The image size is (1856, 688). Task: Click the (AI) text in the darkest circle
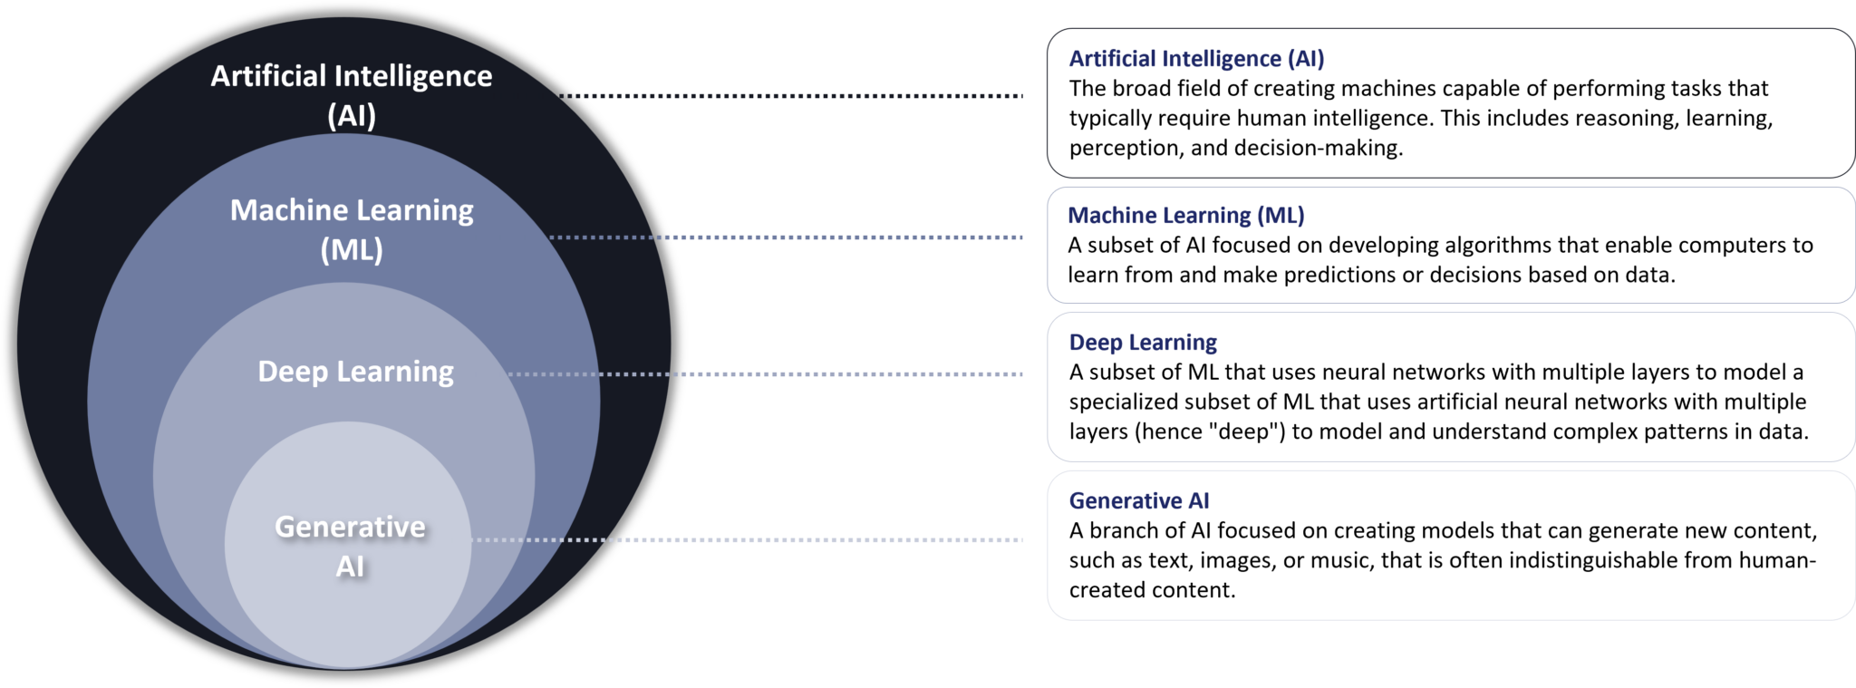[x=352, y=116]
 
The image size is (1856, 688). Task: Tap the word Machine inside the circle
[x=288, y=210]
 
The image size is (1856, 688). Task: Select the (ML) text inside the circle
[x=352, y=249]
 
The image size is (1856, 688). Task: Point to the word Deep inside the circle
[x=292, y=372]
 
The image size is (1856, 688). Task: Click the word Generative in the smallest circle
[x=350, y=527]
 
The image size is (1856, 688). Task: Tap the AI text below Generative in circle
[x=350, y=567]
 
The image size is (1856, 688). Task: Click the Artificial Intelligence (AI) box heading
[x=1196, y=59]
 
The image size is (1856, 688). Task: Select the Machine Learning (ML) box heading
[x=1185, y=216]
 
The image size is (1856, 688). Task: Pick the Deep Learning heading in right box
[x=1143, y=343]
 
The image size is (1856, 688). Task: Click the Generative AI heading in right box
[x=1138, y=501]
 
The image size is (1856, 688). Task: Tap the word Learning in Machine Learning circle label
[x=419, y=210]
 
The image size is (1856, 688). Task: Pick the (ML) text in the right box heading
[x=1281, y=216]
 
